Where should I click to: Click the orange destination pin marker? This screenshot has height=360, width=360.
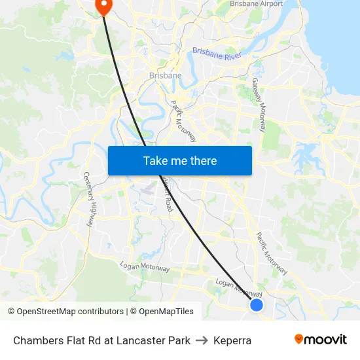[x=104, y=7]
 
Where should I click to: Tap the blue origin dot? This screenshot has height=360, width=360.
[x=257, y=305]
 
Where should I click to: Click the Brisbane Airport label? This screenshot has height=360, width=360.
[x=257, y=4]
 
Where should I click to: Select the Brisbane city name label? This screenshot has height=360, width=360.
[x=166, y=75]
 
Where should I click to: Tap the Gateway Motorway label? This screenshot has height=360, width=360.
[x=259, y=105]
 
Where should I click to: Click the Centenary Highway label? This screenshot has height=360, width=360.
[x=89, y=199]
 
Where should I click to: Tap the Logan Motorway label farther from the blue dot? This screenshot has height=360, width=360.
[x=145, y=267]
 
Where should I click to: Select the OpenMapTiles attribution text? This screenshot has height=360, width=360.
[x=166, y=312]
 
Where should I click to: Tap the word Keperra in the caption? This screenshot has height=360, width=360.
[x=232, y=340]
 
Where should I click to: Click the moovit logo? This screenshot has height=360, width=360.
[x=321, y=339]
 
